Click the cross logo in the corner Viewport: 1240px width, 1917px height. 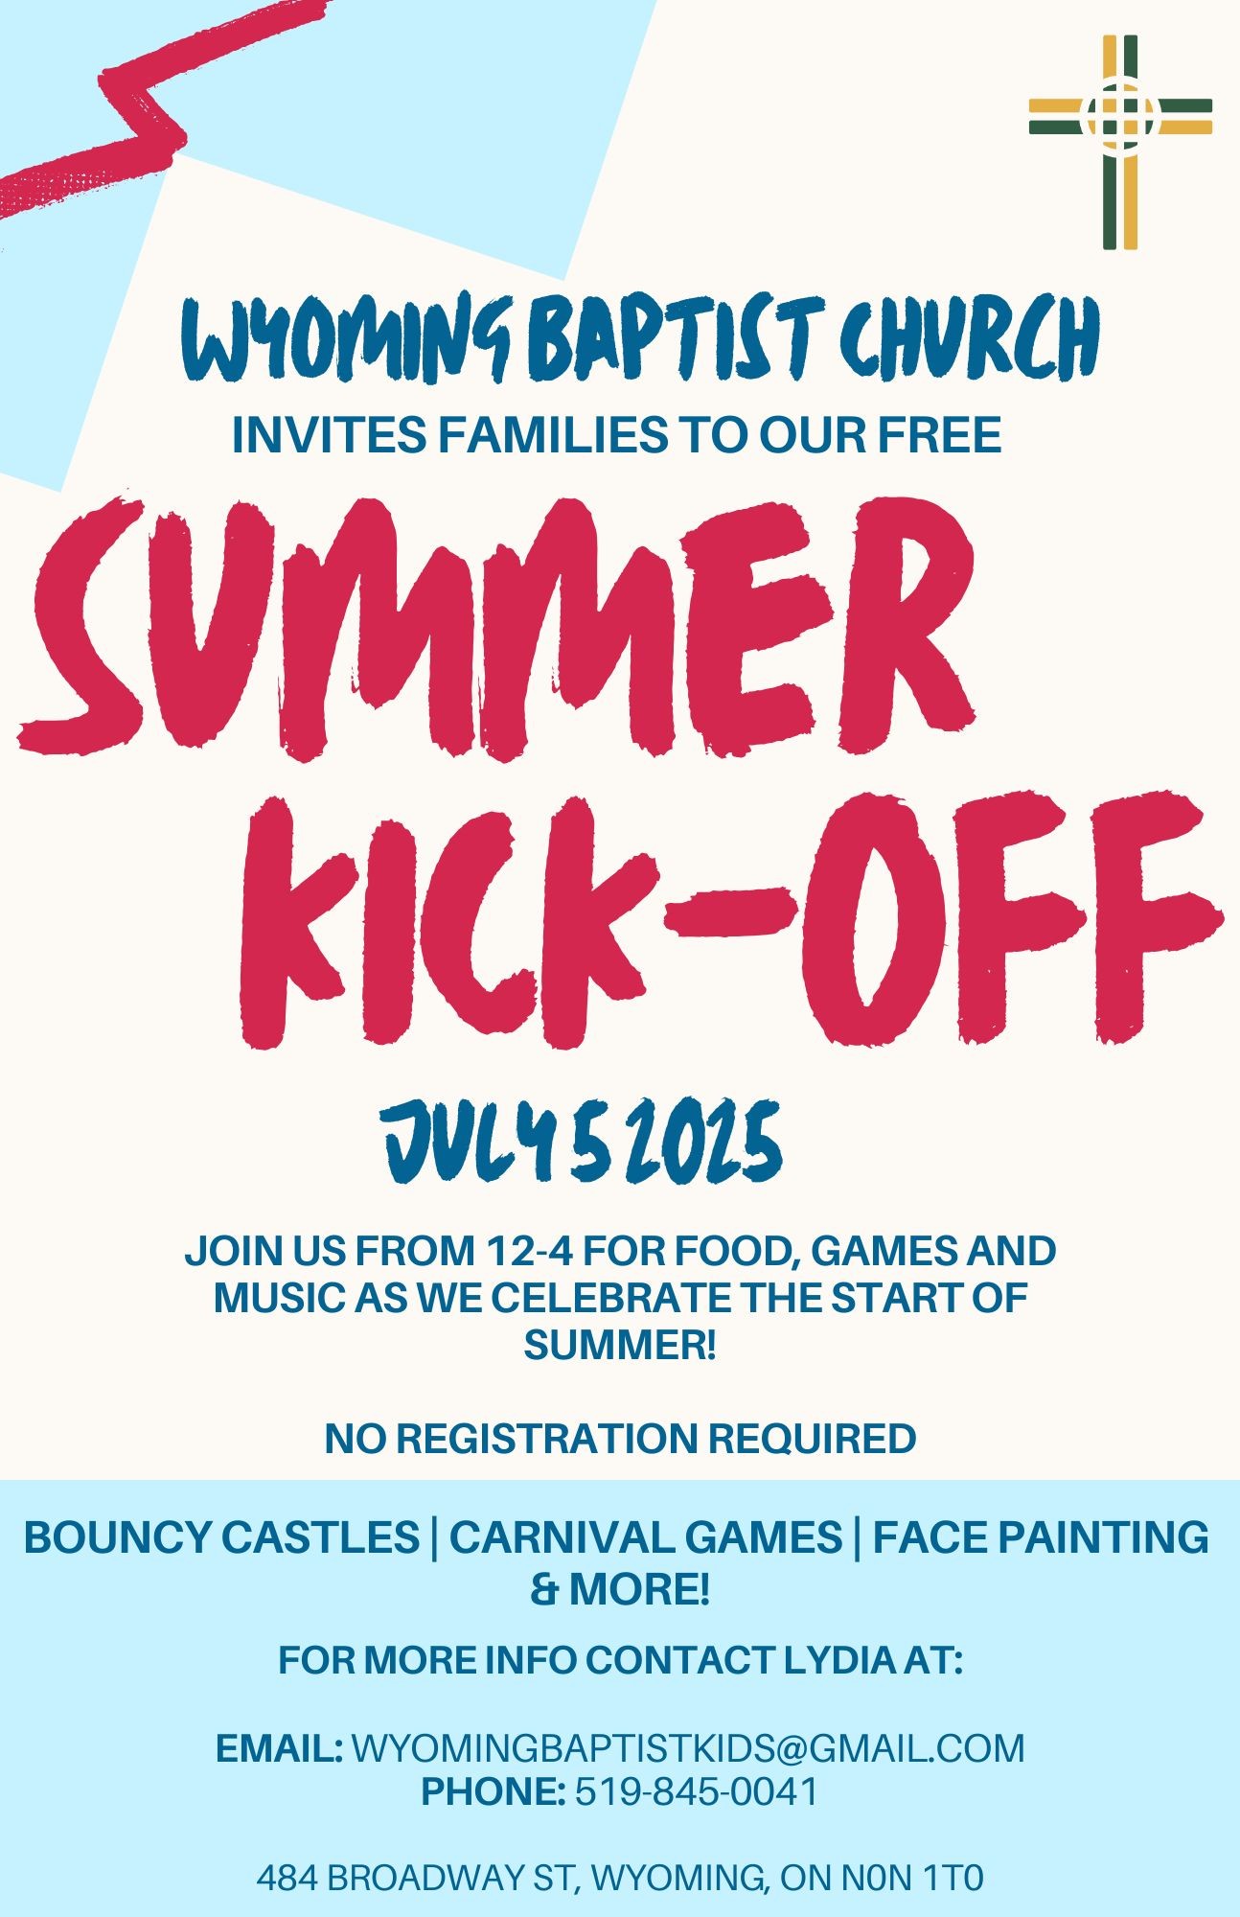pyautogui.click(x=1120, y=142)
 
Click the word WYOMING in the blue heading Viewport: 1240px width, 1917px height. pyautogui.click(x=350, y=340)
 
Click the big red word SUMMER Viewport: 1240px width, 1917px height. pyautogui.click(x=496, y=628)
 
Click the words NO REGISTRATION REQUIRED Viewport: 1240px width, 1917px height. pyautogui.click(x=620, y=1439)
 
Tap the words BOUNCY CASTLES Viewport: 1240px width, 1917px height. pyautogui.click(x=221, y=1537)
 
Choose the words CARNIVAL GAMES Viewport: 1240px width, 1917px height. pyautogui.click(x=646, y=1537)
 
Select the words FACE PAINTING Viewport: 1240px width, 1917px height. pyautogui.click(x=1041, y=1537)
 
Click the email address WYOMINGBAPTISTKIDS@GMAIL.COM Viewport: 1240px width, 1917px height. pyautogui.click(x=689, y=1748)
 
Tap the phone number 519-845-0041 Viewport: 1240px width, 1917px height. pyautogui.click(x=697, y=1791)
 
